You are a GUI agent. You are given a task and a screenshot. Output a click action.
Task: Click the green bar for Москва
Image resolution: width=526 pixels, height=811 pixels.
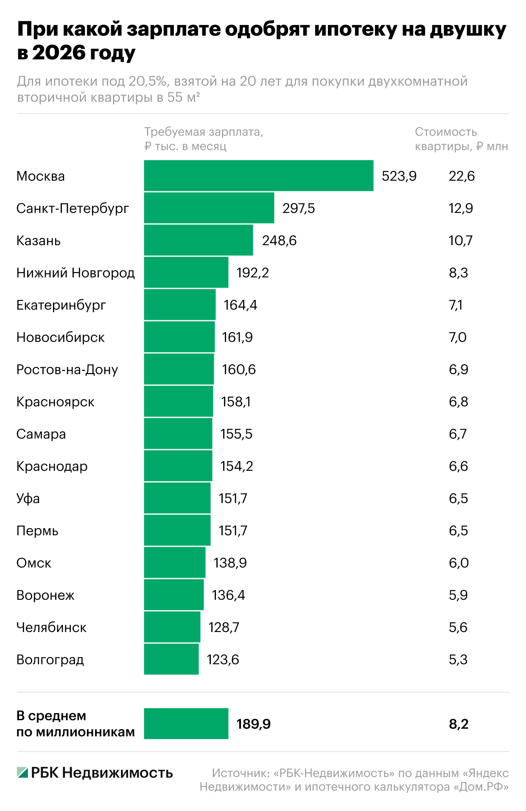(258, 176)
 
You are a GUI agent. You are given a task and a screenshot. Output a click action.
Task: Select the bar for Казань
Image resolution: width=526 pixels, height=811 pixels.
(198, 240)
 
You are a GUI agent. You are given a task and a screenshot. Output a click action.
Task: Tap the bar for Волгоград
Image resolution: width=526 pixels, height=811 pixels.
(171, 659)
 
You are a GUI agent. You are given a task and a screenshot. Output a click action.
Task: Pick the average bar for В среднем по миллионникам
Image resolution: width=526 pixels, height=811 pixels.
(186, 724)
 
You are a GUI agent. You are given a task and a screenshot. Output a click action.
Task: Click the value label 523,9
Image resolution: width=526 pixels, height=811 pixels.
(399, 176)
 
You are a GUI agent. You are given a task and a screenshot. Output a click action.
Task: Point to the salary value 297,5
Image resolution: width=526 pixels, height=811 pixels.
(299, 208)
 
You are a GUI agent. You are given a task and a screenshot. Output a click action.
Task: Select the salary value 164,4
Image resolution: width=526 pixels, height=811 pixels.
(240, 305)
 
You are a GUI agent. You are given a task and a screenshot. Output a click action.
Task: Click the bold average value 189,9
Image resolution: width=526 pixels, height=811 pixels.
(253, 724)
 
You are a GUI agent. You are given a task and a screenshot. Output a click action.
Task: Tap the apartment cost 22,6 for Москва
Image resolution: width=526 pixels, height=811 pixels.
(462, 176)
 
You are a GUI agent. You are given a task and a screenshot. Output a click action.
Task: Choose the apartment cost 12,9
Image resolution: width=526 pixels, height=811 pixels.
(461, 208)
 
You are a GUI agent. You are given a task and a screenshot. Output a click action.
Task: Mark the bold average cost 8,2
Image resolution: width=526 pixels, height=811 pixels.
(459, 724)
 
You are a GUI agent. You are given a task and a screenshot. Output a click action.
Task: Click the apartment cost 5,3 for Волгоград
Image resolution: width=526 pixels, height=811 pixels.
(458, 660)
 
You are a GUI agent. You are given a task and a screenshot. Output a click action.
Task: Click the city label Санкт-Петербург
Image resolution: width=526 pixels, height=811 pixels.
(73, 208)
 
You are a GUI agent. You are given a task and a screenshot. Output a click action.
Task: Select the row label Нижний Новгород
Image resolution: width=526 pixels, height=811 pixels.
(76, 273)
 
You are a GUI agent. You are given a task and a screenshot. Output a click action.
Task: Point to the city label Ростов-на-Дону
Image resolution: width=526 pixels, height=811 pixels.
(67, 369)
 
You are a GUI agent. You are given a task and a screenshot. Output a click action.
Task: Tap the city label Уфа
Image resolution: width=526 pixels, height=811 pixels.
(28, 498)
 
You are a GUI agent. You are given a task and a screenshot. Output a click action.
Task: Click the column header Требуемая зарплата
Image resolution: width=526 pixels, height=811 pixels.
(204, 139)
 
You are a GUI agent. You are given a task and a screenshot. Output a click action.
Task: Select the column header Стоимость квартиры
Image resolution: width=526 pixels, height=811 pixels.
(461, 139)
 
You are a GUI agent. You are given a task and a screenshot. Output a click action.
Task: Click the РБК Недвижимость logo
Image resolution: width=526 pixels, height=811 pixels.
(95, 773)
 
